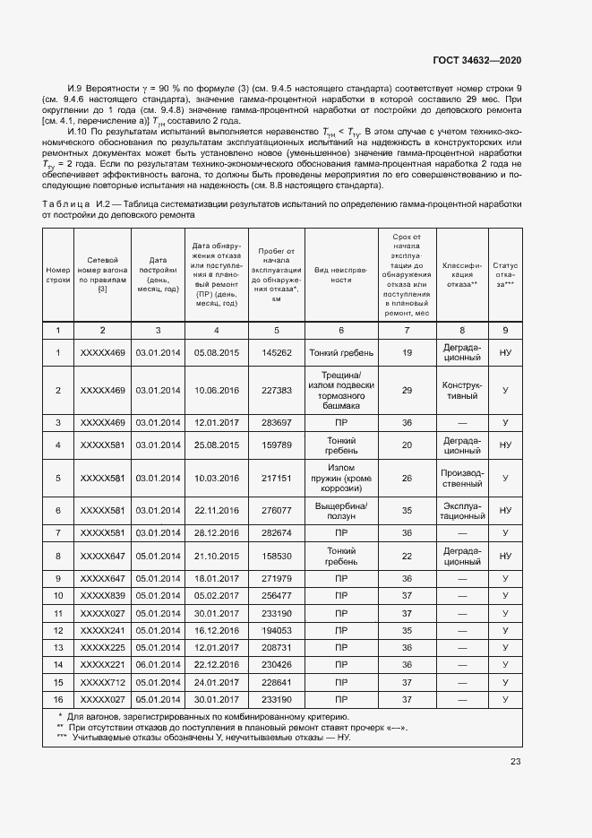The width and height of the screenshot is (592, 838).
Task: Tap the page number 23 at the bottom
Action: [515, 762]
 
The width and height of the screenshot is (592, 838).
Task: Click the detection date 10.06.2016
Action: [216, 391]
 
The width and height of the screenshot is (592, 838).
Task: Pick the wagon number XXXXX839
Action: [102, 595]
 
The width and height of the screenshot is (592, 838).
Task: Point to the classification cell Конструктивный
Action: [462, 391]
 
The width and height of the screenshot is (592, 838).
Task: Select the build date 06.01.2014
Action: [158, 664]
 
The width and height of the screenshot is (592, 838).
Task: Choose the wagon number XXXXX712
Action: [102, 681]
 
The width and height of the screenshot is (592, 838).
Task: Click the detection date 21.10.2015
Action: [216, 556]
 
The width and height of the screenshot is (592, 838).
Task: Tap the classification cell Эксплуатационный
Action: [462, 510]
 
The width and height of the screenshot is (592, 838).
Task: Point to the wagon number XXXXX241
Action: [102, 630]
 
